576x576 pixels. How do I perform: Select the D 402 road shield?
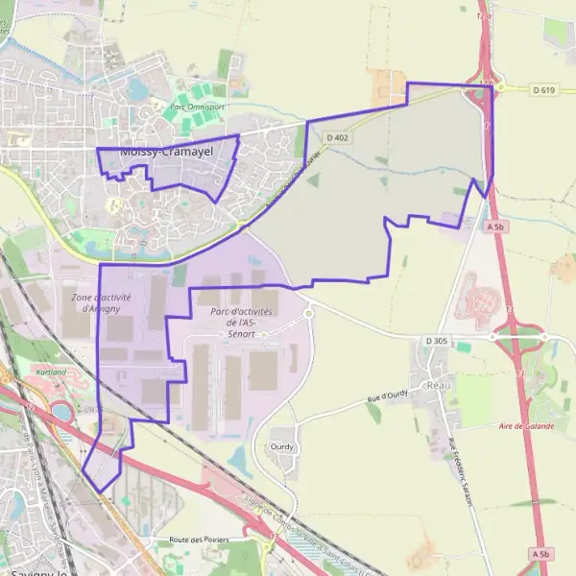point(337,138)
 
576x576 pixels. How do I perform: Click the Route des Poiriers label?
point(199,540)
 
